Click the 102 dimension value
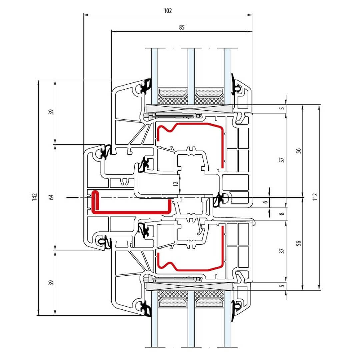click(168, 11)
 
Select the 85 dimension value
click(181, 28)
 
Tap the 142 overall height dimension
click(35, 197)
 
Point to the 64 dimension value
click(51, 197)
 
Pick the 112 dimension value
click(315, 197)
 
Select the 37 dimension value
click(282, 251)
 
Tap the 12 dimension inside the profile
click(176, 184)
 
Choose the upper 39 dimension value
click(51, 112)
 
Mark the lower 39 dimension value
click(51, 283)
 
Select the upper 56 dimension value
click(298, 151)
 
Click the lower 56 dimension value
click(298, 243)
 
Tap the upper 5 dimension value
click(282, 108)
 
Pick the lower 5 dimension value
click(282, 286)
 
